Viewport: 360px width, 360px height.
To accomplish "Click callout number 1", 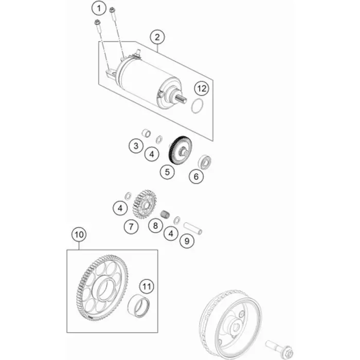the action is [99, 9].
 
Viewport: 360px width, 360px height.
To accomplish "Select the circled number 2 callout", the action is [157, 37].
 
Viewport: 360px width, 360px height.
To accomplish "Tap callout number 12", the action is [202, 88].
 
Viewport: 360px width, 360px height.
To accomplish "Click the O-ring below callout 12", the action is [197, 105].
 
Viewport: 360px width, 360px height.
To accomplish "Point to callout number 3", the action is [136, 146].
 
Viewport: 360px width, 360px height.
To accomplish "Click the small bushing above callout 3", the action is [146, 133].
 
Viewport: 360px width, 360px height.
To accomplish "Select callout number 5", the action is [167, 172].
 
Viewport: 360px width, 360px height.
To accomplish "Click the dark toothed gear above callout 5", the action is [180, 151].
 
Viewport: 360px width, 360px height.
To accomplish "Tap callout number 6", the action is [196, 176].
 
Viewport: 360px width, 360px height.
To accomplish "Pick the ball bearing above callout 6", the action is [205, 162].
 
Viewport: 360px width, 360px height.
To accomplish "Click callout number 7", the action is [131, 227].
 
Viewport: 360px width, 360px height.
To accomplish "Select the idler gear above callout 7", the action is [145, 204].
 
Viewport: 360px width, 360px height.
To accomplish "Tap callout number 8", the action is [155, 225].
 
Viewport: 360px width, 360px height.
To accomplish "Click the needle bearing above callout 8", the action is [165, 214].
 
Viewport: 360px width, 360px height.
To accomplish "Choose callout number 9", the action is [187, 241].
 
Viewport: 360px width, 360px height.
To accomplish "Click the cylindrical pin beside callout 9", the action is [193, 228].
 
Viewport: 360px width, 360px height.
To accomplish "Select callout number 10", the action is [79, 235].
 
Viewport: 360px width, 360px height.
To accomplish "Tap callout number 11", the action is [147, 286].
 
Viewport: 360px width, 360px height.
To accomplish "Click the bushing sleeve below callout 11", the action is [138, 306].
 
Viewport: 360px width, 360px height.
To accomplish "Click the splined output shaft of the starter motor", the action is [182, 99].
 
